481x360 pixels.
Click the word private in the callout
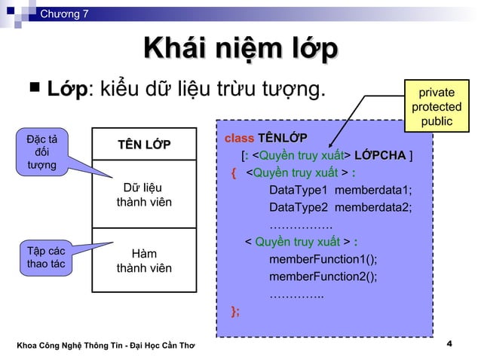(x=437, y=93)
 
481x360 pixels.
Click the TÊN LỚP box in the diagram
(x=143, y=145)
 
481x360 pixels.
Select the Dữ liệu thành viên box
(x=143, y=194)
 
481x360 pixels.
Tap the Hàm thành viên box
(x=143, y=261)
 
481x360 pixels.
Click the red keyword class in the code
(x=240, y=139)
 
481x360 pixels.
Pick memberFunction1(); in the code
(x=323, y=259)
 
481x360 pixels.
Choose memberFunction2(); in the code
(x=323, y=276)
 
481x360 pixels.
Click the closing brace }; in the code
(x=236, y=312)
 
